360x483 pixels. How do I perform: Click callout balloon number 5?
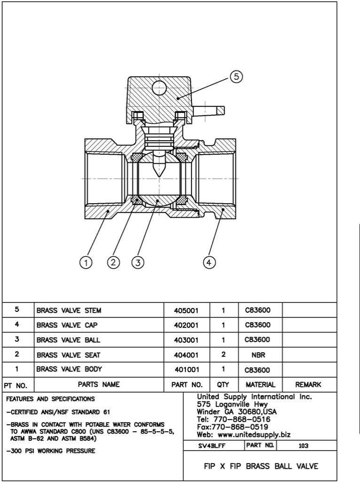pyautogui.click(x=237, y=77)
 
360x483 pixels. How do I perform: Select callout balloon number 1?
pyautogui.click(x=85, y=263)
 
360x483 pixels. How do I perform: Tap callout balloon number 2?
pyautogui.click(x=113, y=263)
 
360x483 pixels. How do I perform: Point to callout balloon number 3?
pyautogui.click(x=137, y=263)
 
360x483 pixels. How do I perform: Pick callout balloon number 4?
pyautogui.click(x=209, y=263)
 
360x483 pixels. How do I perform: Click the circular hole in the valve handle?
pyautogui.click(x=160, y=87)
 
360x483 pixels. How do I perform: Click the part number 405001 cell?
pyautogui.click(x=187, y=310)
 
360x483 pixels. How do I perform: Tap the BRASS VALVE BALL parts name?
pyautogui.click(x=69, y=340)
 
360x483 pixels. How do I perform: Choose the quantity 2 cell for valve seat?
pyautogui.click(x=224, y=354)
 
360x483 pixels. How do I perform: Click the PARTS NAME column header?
pyautogui.click(x=99, y=384)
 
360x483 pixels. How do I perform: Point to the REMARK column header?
pyautogui.click(x=308, y=384)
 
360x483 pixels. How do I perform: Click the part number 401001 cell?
pyautogui.click(x=187, y=369)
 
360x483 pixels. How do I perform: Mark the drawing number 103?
pyautogui.click(x=304, y=445)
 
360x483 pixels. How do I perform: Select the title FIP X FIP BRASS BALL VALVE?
pyautogui.click(x=261, y=467)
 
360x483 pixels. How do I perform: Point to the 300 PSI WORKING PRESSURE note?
pyautogui.click(x=50, y=451)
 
